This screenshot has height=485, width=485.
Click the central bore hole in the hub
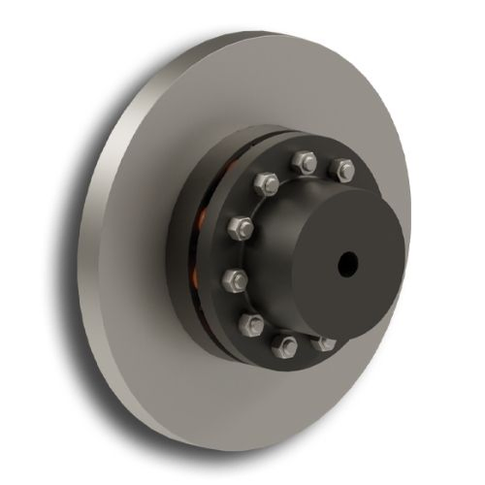[x=347, y=262]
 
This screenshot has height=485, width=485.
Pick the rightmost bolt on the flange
[x=343, y=172]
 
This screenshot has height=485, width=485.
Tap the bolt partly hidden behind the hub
[x=323, y=341]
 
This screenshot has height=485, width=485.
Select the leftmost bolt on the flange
[x=235, y=280]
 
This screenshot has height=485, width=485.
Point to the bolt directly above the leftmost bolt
[x=241, y=229]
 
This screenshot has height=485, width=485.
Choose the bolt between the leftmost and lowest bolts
[x=250, y=323]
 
